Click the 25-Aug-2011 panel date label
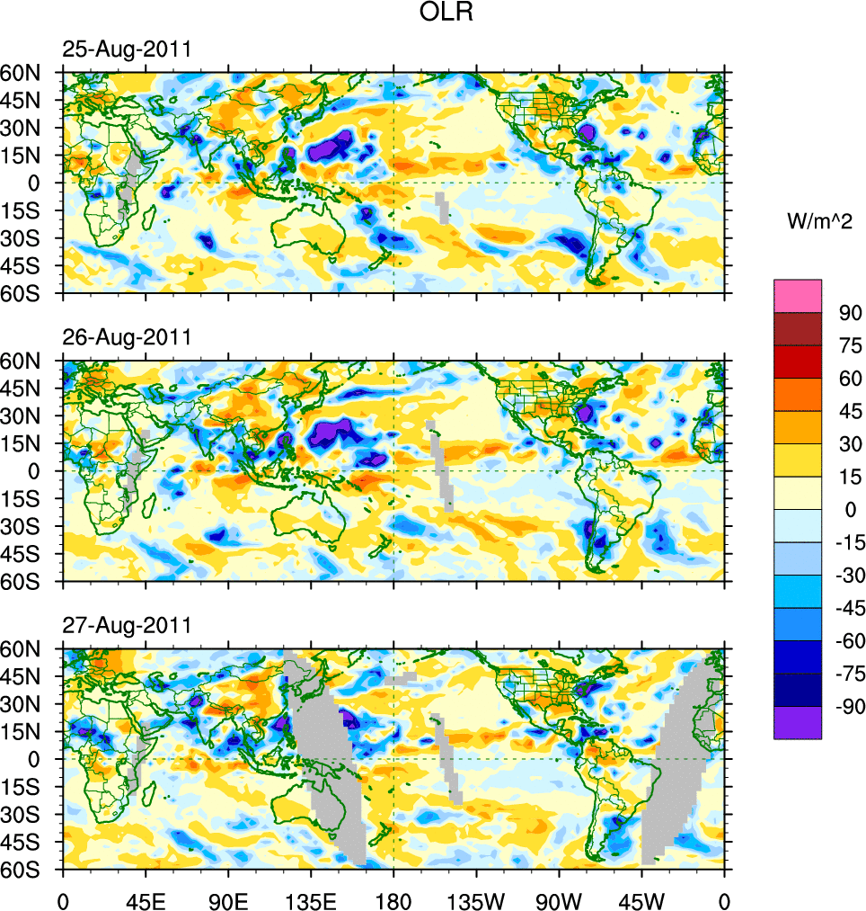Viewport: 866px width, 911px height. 126,49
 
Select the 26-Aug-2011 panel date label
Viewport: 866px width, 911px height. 126,337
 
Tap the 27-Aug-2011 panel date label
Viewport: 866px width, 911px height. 126,625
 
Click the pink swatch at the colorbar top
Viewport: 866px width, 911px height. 798,295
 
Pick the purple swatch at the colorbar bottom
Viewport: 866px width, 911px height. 798,723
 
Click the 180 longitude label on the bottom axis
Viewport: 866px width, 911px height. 393,899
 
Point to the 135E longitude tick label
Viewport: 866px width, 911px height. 311,899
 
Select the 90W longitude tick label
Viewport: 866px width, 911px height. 559,899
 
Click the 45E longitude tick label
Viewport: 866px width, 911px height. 146,899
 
